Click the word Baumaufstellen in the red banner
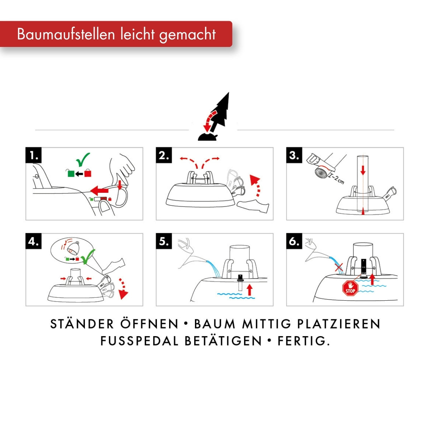(x=66, y=34)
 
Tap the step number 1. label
(x=33, y=155)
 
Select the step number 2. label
(x=164, y=155)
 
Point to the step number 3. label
(x=294, y=155)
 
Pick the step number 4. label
(x=33, y=241)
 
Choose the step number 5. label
(x=164, y=241)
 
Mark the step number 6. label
(x=294, y=241)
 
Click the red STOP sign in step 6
(x=350, y=288)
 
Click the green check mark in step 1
(x=83, y=159)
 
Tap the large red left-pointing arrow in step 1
(x=99, y=190)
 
